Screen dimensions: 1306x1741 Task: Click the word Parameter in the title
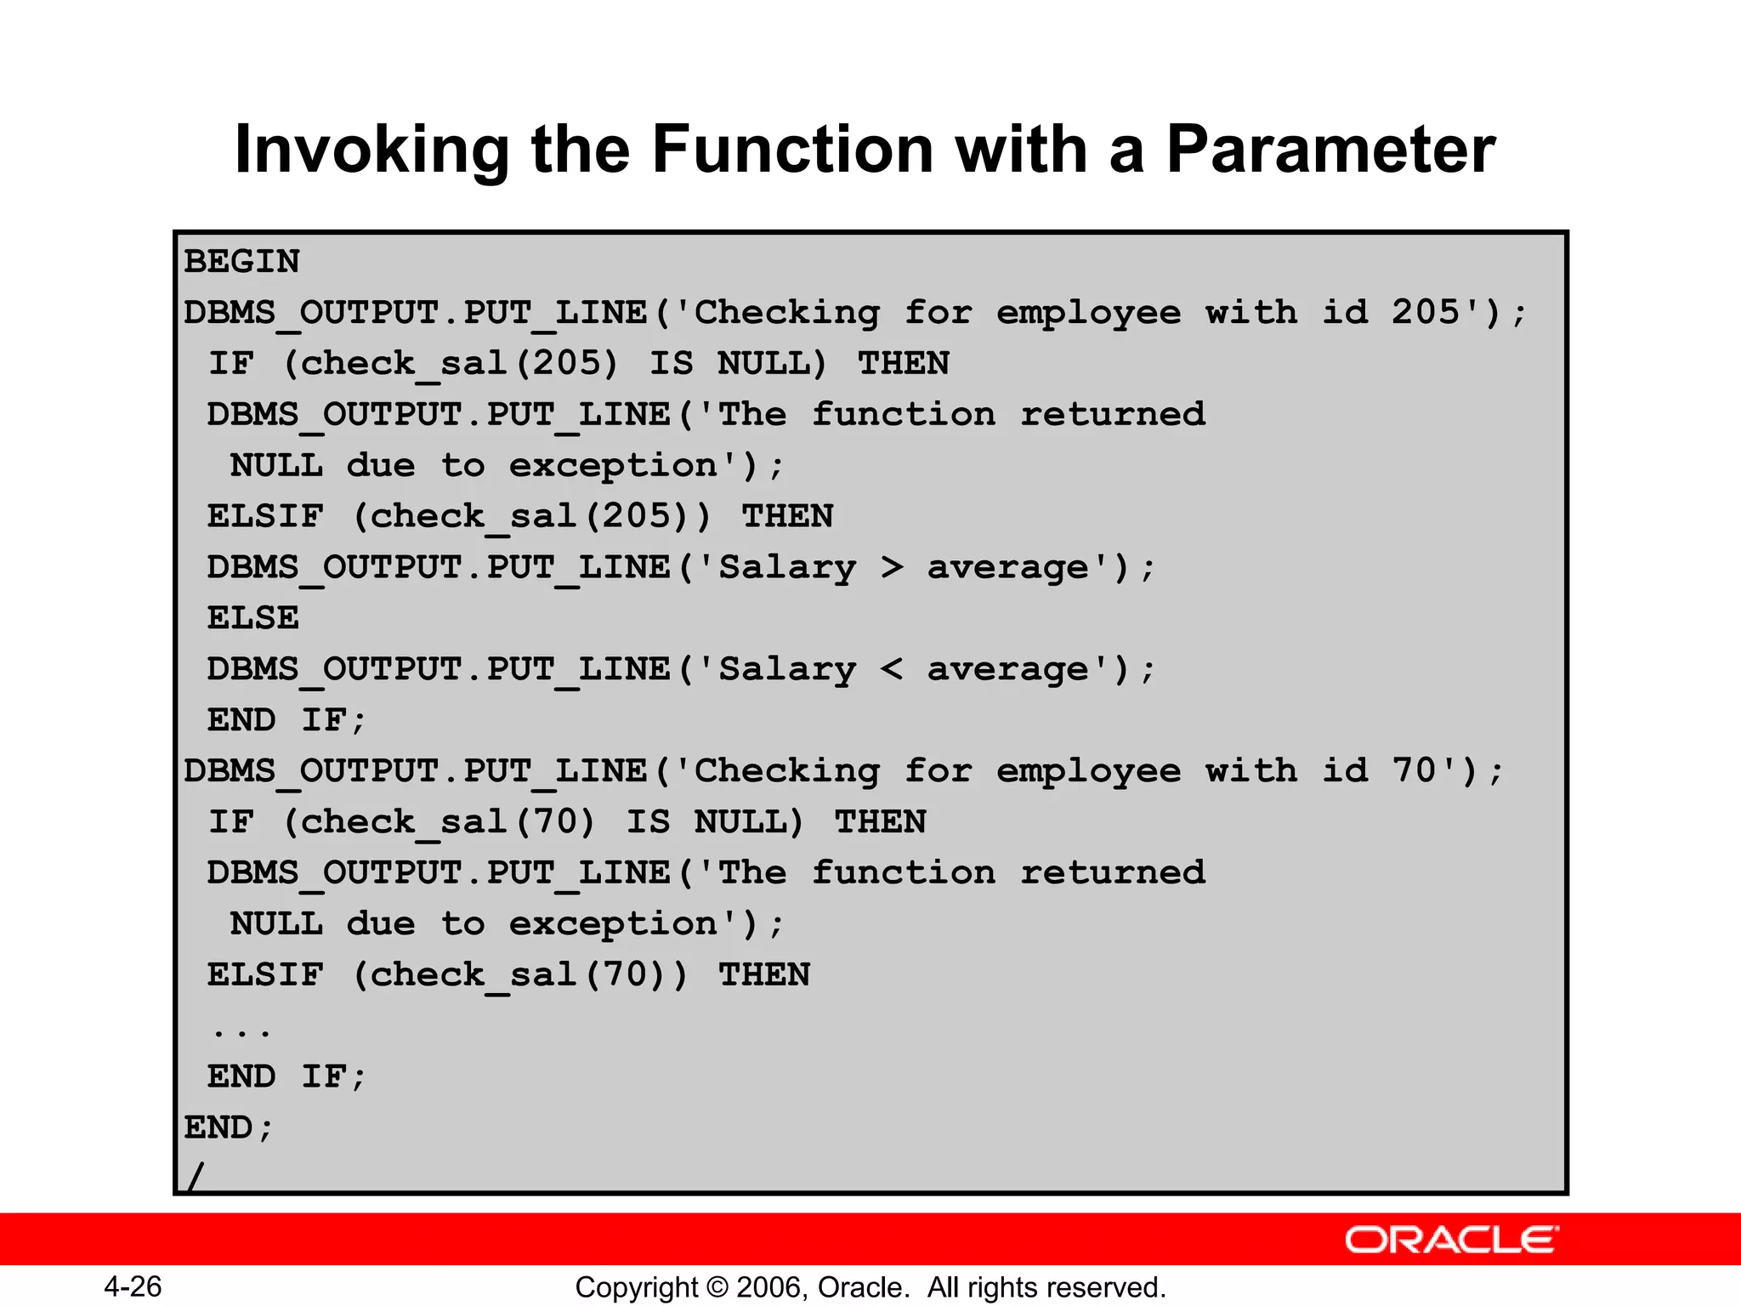1330,150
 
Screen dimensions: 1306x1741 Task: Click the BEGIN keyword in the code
242,262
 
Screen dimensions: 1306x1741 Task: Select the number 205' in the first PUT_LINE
1437,312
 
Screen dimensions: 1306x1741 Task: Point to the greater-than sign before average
892,566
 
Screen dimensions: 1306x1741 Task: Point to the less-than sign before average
892,668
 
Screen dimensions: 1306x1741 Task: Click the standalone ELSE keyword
253,618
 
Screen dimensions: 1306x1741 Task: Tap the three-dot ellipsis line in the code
241,1031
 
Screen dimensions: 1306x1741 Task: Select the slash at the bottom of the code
196,1177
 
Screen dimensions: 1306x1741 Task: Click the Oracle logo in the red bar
1451,1240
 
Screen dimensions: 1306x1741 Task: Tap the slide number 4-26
133,1286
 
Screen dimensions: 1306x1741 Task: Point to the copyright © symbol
717,1287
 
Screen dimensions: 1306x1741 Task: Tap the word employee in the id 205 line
1089,313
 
